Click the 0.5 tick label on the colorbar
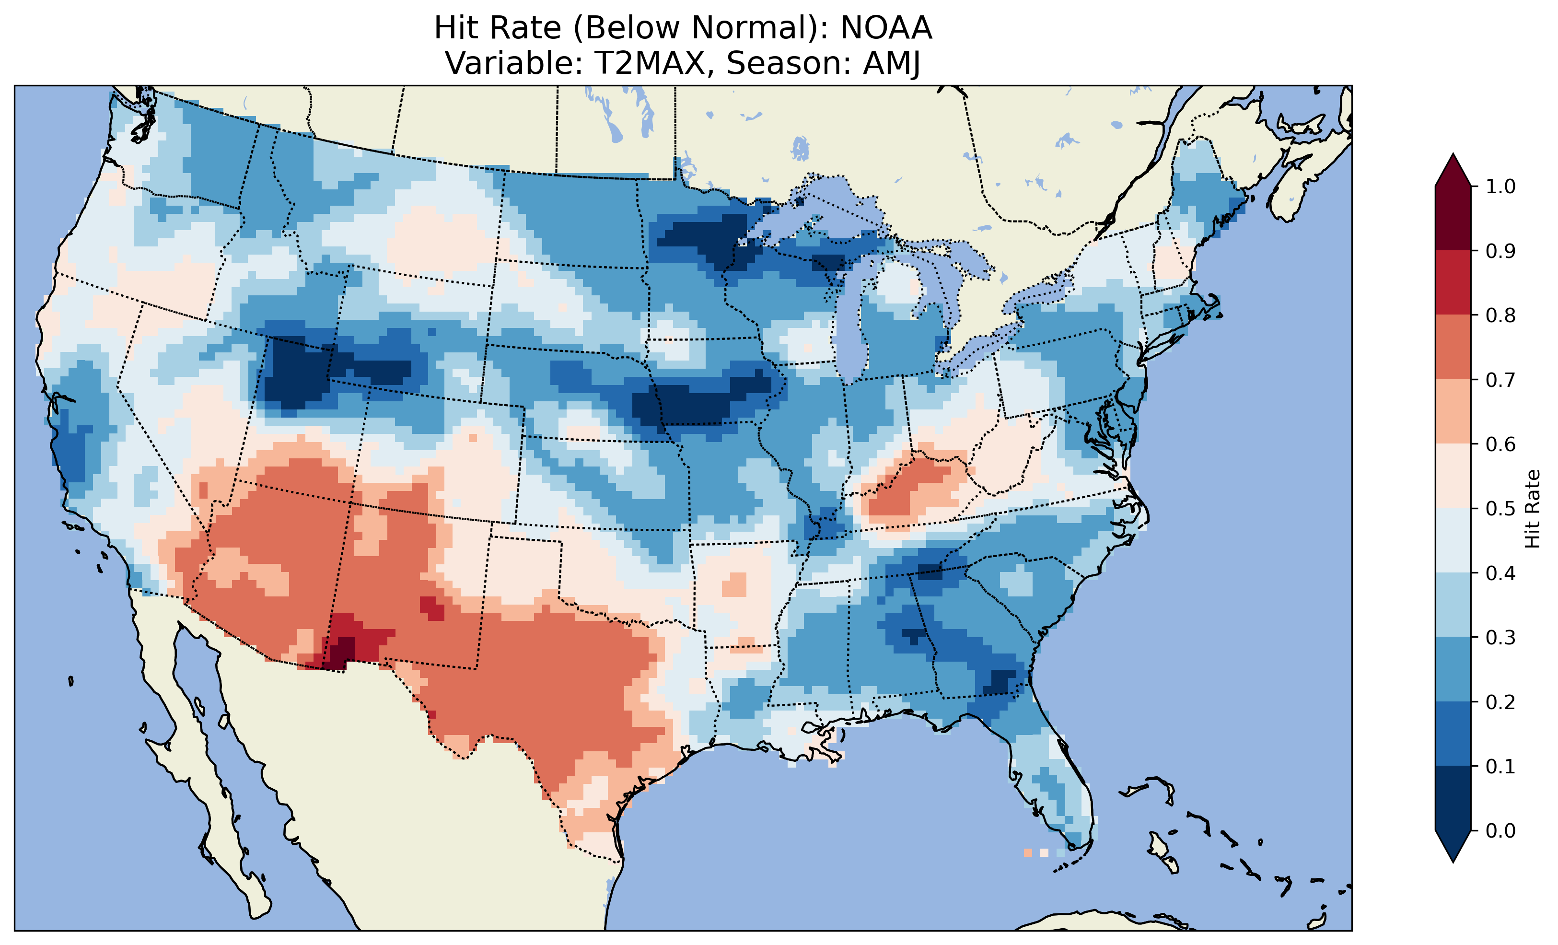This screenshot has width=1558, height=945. point(1500,509)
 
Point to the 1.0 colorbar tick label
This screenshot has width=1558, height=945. point(1500,187)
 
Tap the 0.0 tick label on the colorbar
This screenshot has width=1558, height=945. point(1500,830)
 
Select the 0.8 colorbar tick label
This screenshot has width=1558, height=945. point(1500,315)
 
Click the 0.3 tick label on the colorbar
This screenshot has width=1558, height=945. point(1500,638)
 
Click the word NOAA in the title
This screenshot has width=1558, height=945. point(886,28)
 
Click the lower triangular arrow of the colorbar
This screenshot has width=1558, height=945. point(1453,846)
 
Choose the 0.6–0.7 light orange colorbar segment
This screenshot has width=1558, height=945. point(1453,411)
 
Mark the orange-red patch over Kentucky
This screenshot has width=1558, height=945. point(914,487)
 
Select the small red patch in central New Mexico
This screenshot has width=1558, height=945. point(432,607)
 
